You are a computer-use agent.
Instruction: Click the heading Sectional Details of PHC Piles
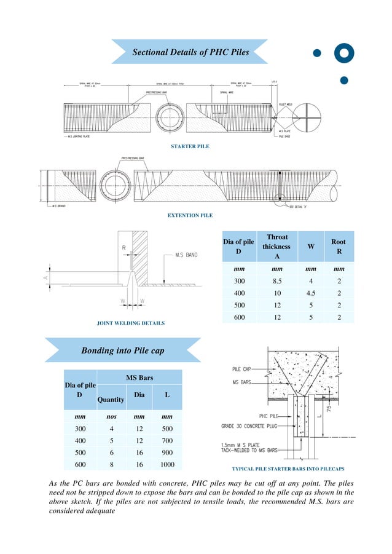[x=190, y=52]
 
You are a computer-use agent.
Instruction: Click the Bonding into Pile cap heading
[x=122, y=350]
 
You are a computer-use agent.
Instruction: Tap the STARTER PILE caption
[x=190, y=146]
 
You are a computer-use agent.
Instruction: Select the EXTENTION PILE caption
[x=190, y=216]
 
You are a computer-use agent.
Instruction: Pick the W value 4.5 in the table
[x=311, y=293]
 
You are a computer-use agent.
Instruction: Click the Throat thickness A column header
[x=276, y=247]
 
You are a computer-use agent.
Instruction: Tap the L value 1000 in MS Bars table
[x=167, y=465]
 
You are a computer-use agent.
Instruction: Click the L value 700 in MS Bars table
[x=167, y=441]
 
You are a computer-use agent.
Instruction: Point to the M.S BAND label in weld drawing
[x=186, y=255]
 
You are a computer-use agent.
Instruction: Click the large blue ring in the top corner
[x=344, y=53]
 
